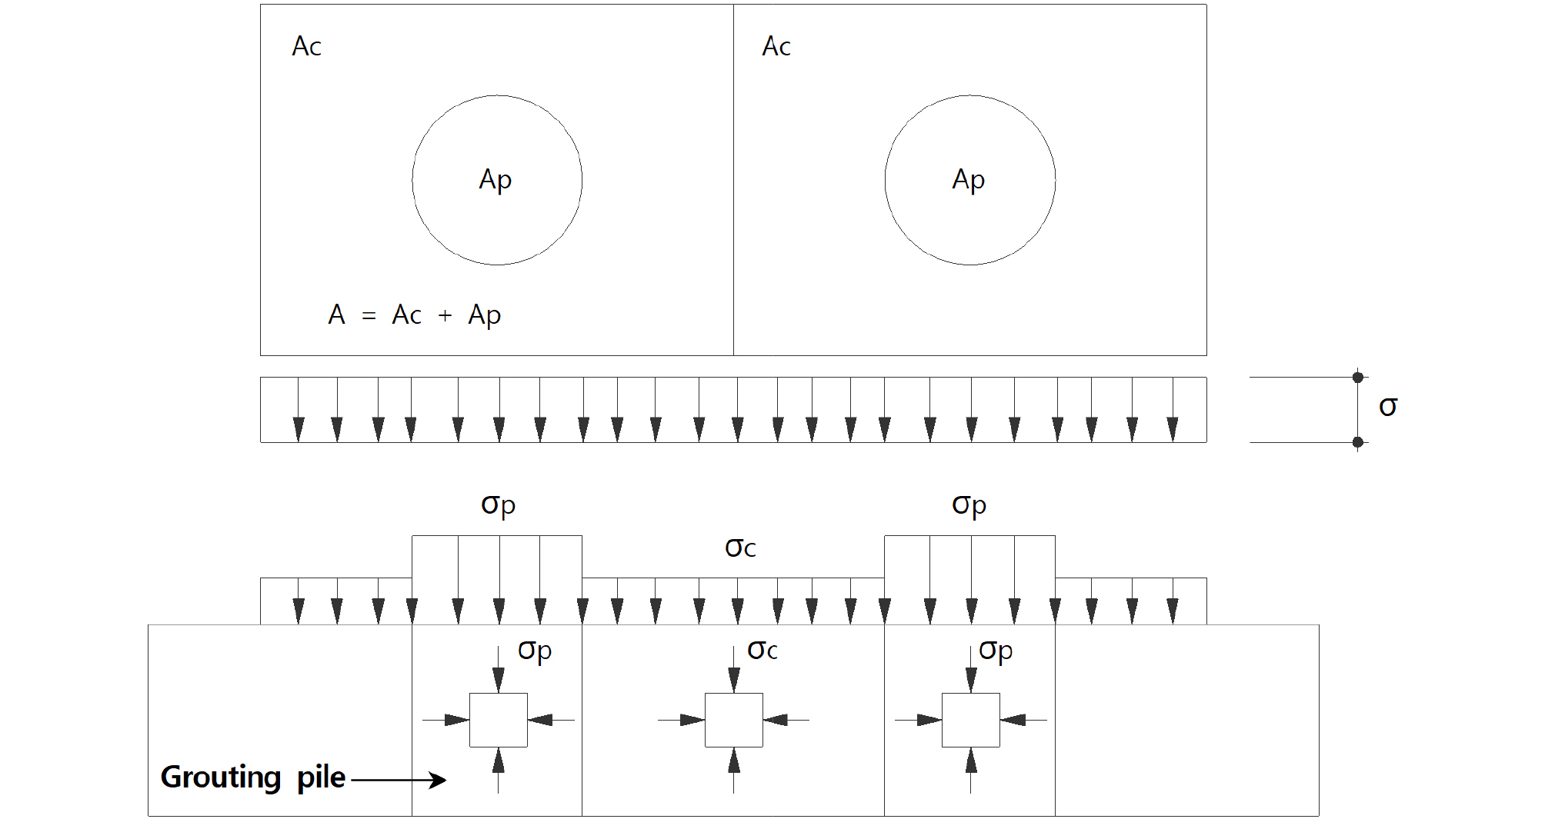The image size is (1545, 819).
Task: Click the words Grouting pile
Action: tap(253, 777)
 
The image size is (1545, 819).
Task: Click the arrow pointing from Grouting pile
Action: tap(399, 780)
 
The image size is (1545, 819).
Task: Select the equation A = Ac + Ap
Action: tap(415, 315)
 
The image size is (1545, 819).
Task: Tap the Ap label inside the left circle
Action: tap(496, 180)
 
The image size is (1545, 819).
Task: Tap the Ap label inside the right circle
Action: tap(969, 180)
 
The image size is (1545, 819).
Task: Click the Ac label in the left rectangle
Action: tap(306, 46)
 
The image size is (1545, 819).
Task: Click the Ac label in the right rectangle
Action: tap(776, 46)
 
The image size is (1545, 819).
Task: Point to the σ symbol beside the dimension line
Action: tap(1388, 407)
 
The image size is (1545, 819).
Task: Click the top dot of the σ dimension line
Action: tap(1358, 378)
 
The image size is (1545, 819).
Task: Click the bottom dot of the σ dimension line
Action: tap(1358, 442)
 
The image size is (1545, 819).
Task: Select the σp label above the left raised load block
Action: tap(498, 505)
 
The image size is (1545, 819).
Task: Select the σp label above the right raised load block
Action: tap(969, 505)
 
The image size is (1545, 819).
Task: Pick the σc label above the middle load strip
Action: tap(740, 548)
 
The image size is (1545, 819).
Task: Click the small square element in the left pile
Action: tap(499, 720)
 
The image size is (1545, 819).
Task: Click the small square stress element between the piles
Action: tap(734, 720)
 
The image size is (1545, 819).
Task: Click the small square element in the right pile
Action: tap(971, 720)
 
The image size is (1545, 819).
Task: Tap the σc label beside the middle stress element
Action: tap(762, 651)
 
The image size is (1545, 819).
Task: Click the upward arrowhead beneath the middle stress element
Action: tap(734, 760)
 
